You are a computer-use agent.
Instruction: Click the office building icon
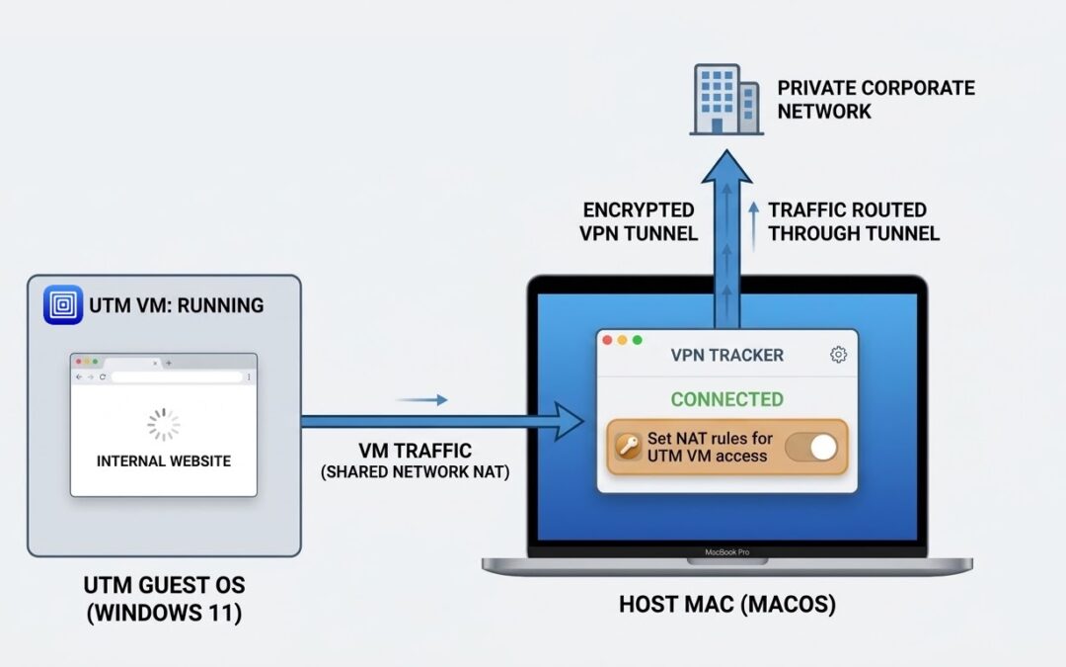click(x=724, y=99)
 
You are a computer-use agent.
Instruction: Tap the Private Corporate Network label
click(x=875, y=99)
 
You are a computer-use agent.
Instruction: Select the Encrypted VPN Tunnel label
click(x=640, y=221)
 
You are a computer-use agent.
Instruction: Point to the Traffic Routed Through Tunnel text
click(x=853, y=221)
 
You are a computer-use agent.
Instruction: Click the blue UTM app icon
click(x=63, y=304)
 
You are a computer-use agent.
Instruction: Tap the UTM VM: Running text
click(x=177, y=305)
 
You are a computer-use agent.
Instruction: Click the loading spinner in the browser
click(x=164, y=424)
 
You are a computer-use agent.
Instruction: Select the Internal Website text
click(x=164, y=460)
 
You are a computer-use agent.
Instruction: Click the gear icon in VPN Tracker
click(x=838, y=355)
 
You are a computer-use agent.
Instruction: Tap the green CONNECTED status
click(x=726, y=399)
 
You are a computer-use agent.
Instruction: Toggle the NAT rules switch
click(x=810, y=448)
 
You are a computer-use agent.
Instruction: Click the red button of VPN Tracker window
click(x=608, y=340)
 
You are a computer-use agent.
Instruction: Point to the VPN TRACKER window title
click(x=726, y=355)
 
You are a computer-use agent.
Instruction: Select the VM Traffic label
click(x=415, y=452)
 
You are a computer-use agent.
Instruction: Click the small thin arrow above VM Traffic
click(x=421, y=400)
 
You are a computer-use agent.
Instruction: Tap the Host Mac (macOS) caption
click(x=726, y=605)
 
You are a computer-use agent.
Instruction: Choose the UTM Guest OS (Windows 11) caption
click(x=164, y=599)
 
